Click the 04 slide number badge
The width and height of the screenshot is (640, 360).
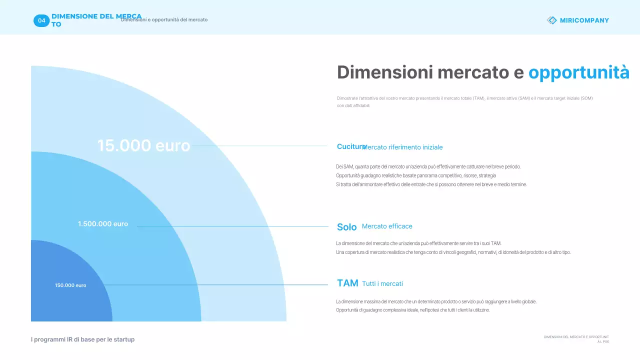pos(41,20)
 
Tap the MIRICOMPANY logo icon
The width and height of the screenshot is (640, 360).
pos(552,20)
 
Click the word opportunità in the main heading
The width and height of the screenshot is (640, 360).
pos(578,73)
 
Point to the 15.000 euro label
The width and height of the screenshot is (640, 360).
pos(143,145)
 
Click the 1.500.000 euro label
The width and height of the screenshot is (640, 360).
pos(103,224)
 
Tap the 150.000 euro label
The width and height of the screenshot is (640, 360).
pos(70,285)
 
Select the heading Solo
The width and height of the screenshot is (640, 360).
pos(346,227)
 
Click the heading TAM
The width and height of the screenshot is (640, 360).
pos(347,283)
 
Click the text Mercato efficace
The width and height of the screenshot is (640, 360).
pos(387,226)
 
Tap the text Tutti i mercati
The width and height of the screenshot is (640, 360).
pos(382,284)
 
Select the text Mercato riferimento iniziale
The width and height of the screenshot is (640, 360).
pos(403,147)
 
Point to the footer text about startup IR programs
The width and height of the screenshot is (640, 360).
pos(82,339)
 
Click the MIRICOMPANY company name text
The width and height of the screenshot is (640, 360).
pos(584,20)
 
